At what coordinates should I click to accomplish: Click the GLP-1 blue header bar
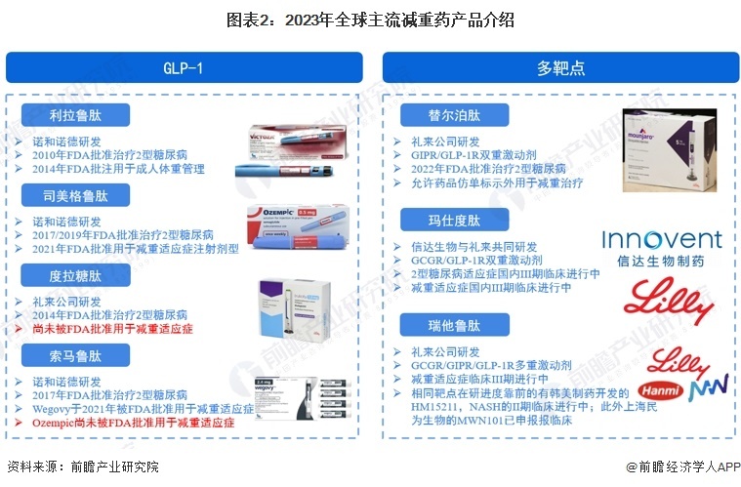click(x=184, y=67)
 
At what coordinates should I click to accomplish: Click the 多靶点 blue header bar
click(x=559, y=67)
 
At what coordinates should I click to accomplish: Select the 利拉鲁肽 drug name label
click(x=75, y=116)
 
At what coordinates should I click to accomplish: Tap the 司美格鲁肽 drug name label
click(x=75, y=196)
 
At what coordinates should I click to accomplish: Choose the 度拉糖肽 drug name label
click(x=75, y=276)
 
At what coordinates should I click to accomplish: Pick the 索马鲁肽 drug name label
click(x=75, y=356)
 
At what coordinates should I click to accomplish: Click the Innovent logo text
click(x=661, y=241)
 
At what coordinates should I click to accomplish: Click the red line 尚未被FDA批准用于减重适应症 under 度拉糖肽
click(x=112, y=330)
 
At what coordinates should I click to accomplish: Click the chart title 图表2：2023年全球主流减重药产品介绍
click(x=370, y=20)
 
